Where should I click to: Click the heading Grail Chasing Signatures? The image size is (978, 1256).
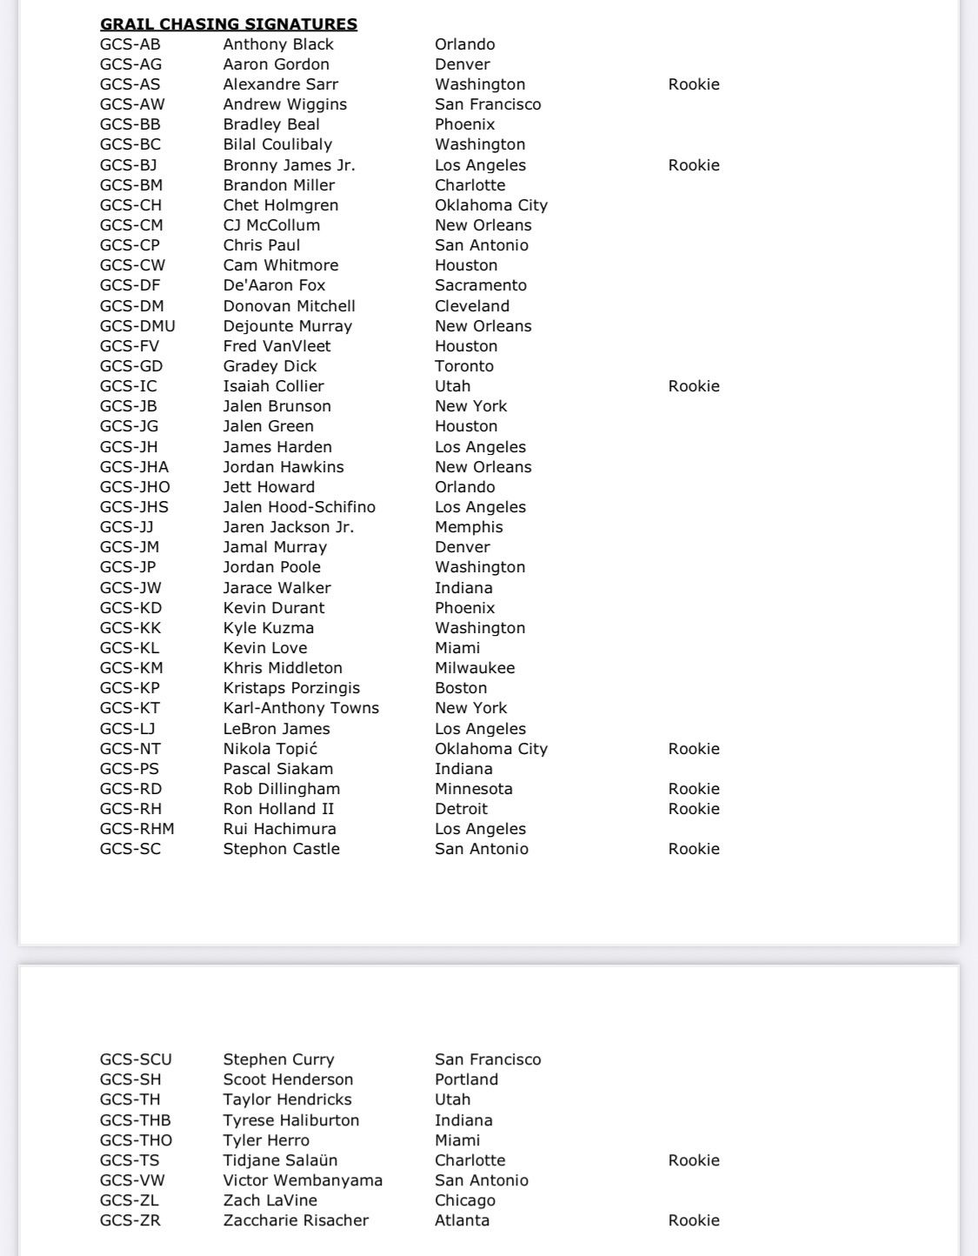pos(229,24)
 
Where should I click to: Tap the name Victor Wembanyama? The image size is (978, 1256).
pos(303,1180)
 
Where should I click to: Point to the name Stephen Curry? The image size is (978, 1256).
pos(278,1059)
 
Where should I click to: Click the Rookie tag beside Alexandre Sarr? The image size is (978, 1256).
pos(694,84)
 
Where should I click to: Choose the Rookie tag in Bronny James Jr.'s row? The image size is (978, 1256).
pos(694,165)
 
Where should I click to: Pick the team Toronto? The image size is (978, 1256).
pos(464,366)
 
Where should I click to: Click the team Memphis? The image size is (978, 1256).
pos(469,527)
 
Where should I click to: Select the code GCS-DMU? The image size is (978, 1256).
pos(137,326)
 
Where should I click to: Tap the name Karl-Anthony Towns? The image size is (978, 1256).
pos(301,708)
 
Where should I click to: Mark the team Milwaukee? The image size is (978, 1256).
pos(475,668)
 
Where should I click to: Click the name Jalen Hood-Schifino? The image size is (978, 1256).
pos(299,507)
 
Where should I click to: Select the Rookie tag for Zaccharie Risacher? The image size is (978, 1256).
pos(694,1220)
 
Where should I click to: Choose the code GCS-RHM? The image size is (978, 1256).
pos(137,829)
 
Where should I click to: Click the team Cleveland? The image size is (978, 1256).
pos(472,306)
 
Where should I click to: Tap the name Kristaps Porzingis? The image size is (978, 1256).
pos(291,688)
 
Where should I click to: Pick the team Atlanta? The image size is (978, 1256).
pos(462,1220)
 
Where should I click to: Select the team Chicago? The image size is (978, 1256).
pos(465,1200)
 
